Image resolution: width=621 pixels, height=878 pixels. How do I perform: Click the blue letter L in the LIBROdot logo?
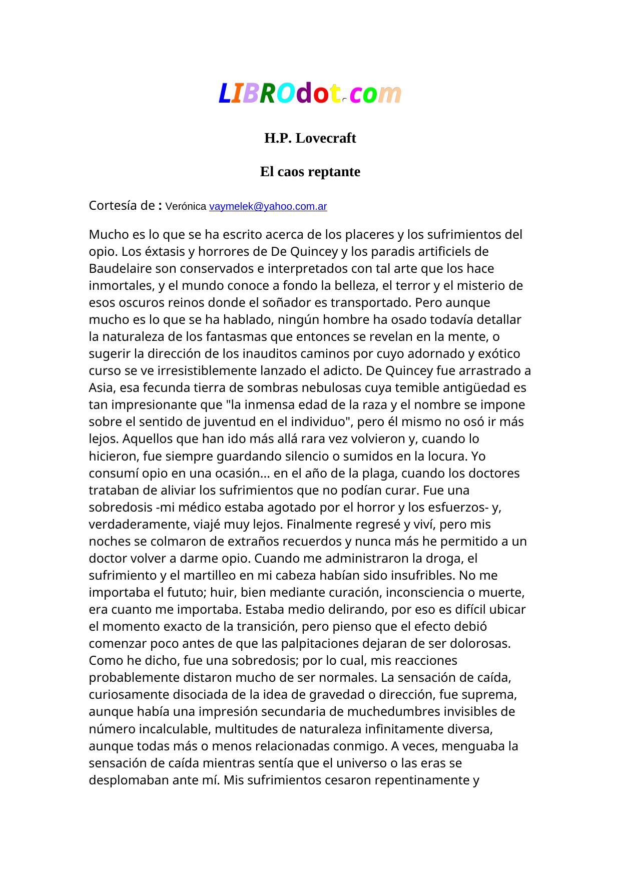(x=225, y=94)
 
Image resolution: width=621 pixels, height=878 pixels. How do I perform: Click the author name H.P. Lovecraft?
(x=310, y=138)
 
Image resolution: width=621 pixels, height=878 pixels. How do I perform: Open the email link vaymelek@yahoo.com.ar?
(x=268, y=206)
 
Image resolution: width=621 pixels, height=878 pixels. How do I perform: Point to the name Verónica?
(x=185, y=206)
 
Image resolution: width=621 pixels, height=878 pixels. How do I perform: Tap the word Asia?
(x=102, y=388)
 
